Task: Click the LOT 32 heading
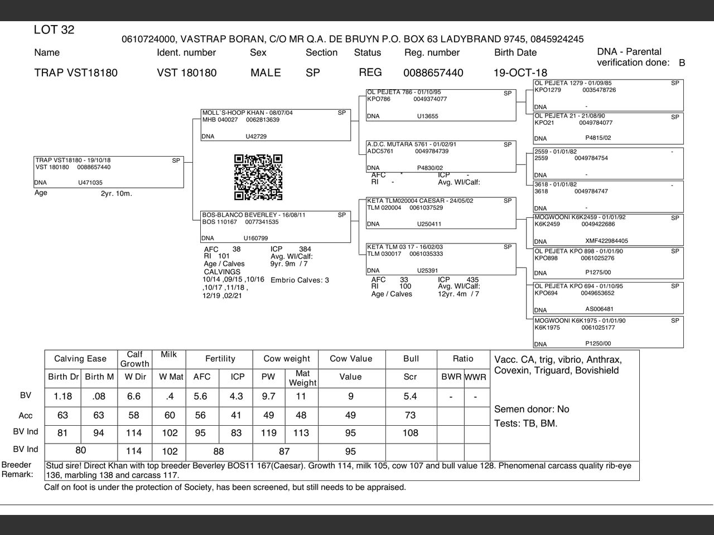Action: (x=54, y=30)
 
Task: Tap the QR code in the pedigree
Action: (x=258, y=177)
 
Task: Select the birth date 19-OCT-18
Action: (x=520, y=73)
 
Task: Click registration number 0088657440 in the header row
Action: (x=433, y=73)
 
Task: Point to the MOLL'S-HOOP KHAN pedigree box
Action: (x=276, y=125)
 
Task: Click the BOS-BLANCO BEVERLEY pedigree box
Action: (x=276, y=226)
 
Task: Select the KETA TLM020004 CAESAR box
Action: (x=441, y=213)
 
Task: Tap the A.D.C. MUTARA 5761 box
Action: (x=441, y=157)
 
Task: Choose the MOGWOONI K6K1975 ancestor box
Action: (x=608, y=332)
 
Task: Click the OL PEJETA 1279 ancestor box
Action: (x=608, y=95)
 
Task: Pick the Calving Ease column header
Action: (x=80, y=359)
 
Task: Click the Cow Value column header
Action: (x=351, y=359)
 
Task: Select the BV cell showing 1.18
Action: (x=63, y=396)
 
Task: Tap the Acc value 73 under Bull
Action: (x=410, y=415)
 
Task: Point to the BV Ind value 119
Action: (x=268, y=433)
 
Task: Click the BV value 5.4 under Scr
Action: (x=410, y=396)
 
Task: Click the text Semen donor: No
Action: (x=532, y=409)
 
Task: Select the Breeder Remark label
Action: (x=17, y=470)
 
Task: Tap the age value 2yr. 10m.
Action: (x=116, y=194)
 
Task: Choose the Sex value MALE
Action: (x=266, y=73)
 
